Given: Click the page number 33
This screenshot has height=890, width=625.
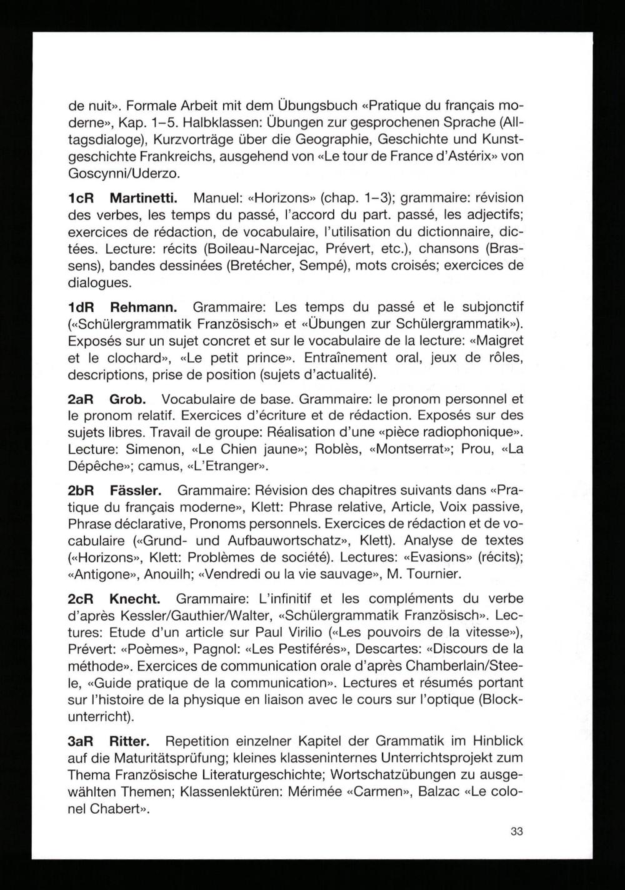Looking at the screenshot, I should [516, 832].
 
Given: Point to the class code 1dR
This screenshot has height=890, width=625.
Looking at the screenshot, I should [81, 308].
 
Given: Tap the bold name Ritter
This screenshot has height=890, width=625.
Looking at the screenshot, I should [129, 742].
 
